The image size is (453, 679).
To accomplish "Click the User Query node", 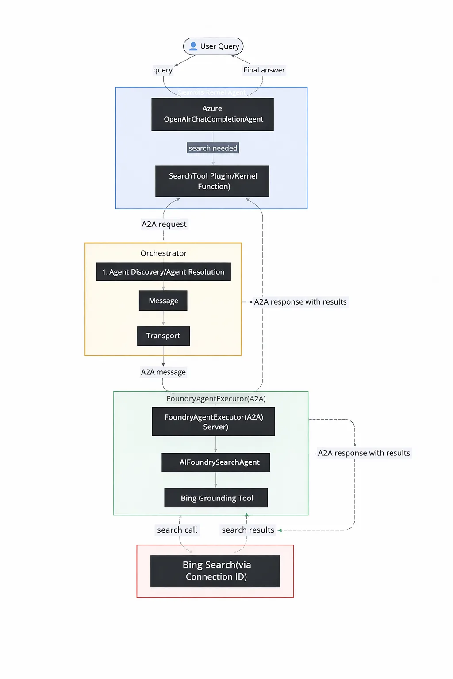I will (x=213, y=46).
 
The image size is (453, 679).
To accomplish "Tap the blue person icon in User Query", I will (x=193, y=46).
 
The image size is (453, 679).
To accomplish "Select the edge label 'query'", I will (x=163, y=70).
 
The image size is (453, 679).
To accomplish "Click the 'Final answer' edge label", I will (x=264, y=70).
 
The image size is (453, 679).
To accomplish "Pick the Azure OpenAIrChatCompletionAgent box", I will (x=212, y=114).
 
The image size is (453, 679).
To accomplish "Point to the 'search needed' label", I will (x=213, y=148).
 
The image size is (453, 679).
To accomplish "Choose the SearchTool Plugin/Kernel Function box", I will (x=212, y=181).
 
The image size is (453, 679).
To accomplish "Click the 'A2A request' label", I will (x=164, y=224).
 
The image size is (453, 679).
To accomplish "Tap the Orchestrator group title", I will (x=163, y=253).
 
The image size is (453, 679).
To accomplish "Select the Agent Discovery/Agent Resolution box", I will (x=163, y=272).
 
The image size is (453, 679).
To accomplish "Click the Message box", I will (x=163, y=301).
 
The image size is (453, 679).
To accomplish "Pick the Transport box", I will (x=163, y=336).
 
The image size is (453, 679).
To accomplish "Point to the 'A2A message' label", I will (x=163, y=372).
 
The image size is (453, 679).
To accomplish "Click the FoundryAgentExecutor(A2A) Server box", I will (x=214, y=422).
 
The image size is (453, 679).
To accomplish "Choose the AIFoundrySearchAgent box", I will (x=216, y=462).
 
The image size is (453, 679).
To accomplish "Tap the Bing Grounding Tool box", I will (x=216, y=498).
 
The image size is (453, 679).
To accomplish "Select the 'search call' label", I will (x=177, y=530).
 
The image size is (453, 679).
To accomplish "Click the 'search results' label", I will (x=248, y=530).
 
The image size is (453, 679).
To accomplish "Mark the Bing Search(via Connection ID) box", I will (x=215, y=571).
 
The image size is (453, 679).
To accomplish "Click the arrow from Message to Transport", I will (x=163, y=318).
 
